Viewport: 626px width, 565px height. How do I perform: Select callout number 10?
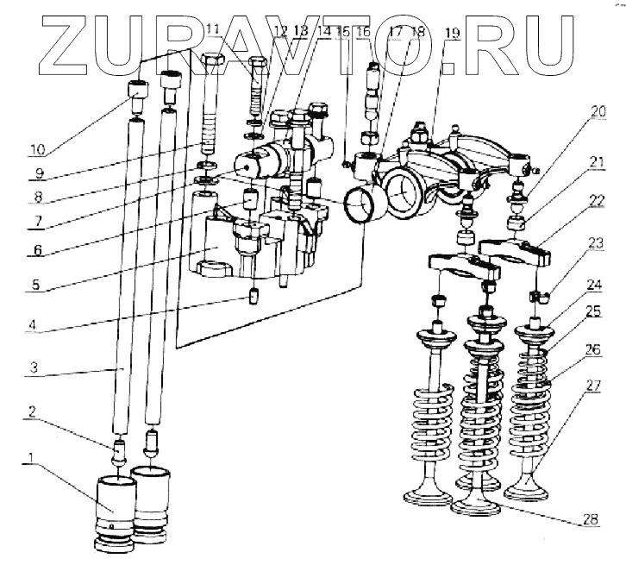[x=37, y=148]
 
